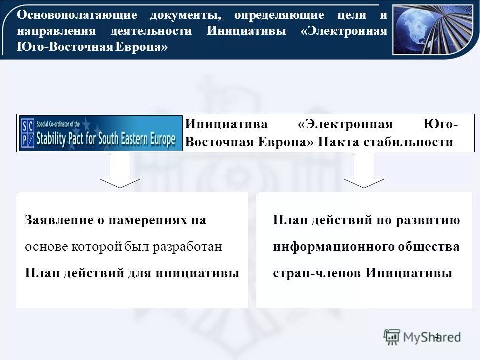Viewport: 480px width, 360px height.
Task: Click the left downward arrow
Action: pos(120,170)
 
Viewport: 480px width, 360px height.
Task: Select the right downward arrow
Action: pos(364,170)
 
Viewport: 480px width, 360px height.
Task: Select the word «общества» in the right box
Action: pos(428,247)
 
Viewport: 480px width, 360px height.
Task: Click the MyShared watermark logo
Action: pos(422,336)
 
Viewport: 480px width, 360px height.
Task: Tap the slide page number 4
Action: pos(436,335)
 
